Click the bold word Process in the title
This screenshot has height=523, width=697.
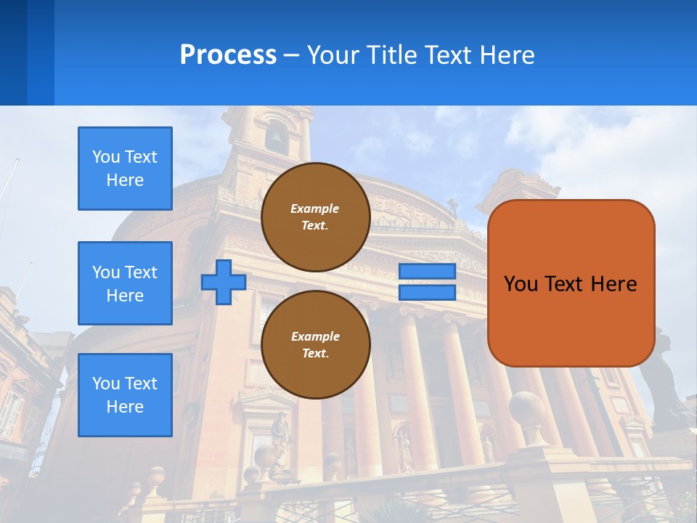[x=228, y=55]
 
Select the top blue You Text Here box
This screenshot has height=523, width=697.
[x=125, y=169]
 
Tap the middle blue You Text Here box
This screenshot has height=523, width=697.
[x=125, y=283]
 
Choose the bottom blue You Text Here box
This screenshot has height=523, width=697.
[x=125, y=395]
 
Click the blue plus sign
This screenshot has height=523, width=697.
[x=224, y=282]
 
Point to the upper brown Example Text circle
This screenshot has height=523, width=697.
[x=315, y=217]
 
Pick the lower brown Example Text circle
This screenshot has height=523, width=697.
[x=315, y=345]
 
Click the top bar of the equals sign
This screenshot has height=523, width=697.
[x=428, y=272]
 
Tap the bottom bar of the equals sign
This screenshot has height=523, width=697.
[x=428, y=292]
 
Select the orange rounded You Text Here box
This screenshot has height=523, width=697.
[x=571, y=283]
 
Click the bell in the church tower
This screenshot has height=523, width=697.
[x=276, y=137]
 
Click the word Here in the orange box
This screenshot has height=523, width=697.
[x=614, y=284]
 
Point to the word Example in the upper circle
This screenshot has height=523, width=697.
[x=315, y=208]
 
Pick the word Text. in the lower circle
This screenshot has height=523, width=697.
[x=315, y=354]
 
